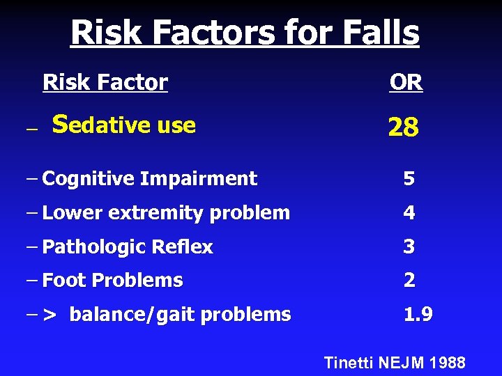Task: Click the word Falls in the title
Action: (x=376, y=33)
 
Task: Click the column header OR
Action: (x=406, y=83)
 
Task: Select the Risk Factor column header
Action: (x=105, y=83)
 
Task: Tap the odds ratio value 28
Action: (x=403, y=127)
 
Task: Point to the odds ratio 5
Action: (x=409, y=179)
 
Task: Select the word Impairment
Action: (x=199, y=179)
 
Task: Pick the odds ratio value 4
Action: (x=409, y=213)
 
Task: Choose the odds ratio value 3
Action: (x=409, y=246)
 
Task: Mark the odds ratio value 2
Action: (x=409, y=281)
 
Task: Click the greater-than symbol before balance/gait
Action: (x=50, y=315)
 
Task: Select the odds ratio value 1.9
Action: (x=418, y=315)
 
